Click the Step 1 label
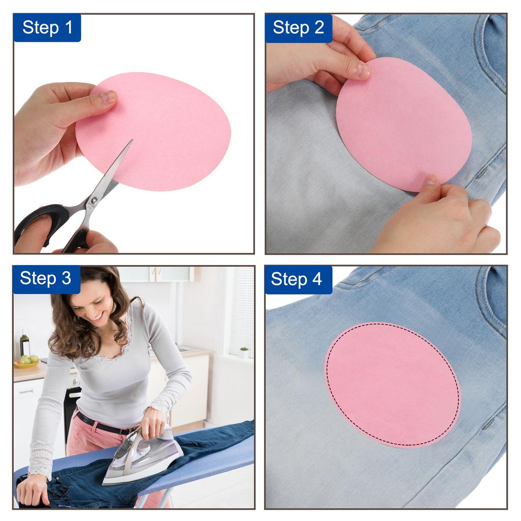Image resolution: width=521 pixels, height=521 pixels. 47,27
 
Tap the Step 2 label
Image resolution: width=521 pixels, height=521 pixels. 298,27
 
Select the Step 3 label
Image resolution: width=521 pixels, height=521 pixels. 46,278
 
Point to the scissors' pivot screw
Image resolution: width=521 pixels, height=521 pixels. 94,200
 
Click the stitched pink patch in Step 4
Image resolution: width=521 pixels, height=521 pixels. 392,384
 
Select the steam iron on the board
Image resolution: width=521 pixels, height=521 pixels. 142,458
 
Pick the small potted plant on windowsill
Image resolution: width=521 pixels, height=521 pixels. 244,352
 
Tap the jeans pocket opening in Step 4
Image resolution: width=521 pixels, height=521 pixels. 488,300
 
